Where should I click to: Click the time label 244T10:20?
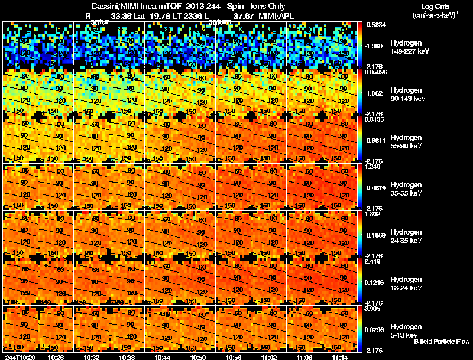click(20, 357)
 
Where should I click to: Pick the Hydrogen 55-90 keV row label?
click(406, 142)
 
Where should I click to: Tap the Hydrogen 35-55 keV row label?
click(406, 189)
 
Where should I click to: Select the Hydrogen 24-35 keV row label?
click(406, 236)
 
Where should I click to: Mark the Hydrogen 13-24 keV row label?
click(406, 284)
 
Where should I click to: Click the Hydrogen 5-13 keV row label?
click(405, 331)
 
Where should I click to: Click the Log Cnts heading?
click(435, 7)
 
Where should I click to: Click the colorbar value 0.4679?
click(376, 187)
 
